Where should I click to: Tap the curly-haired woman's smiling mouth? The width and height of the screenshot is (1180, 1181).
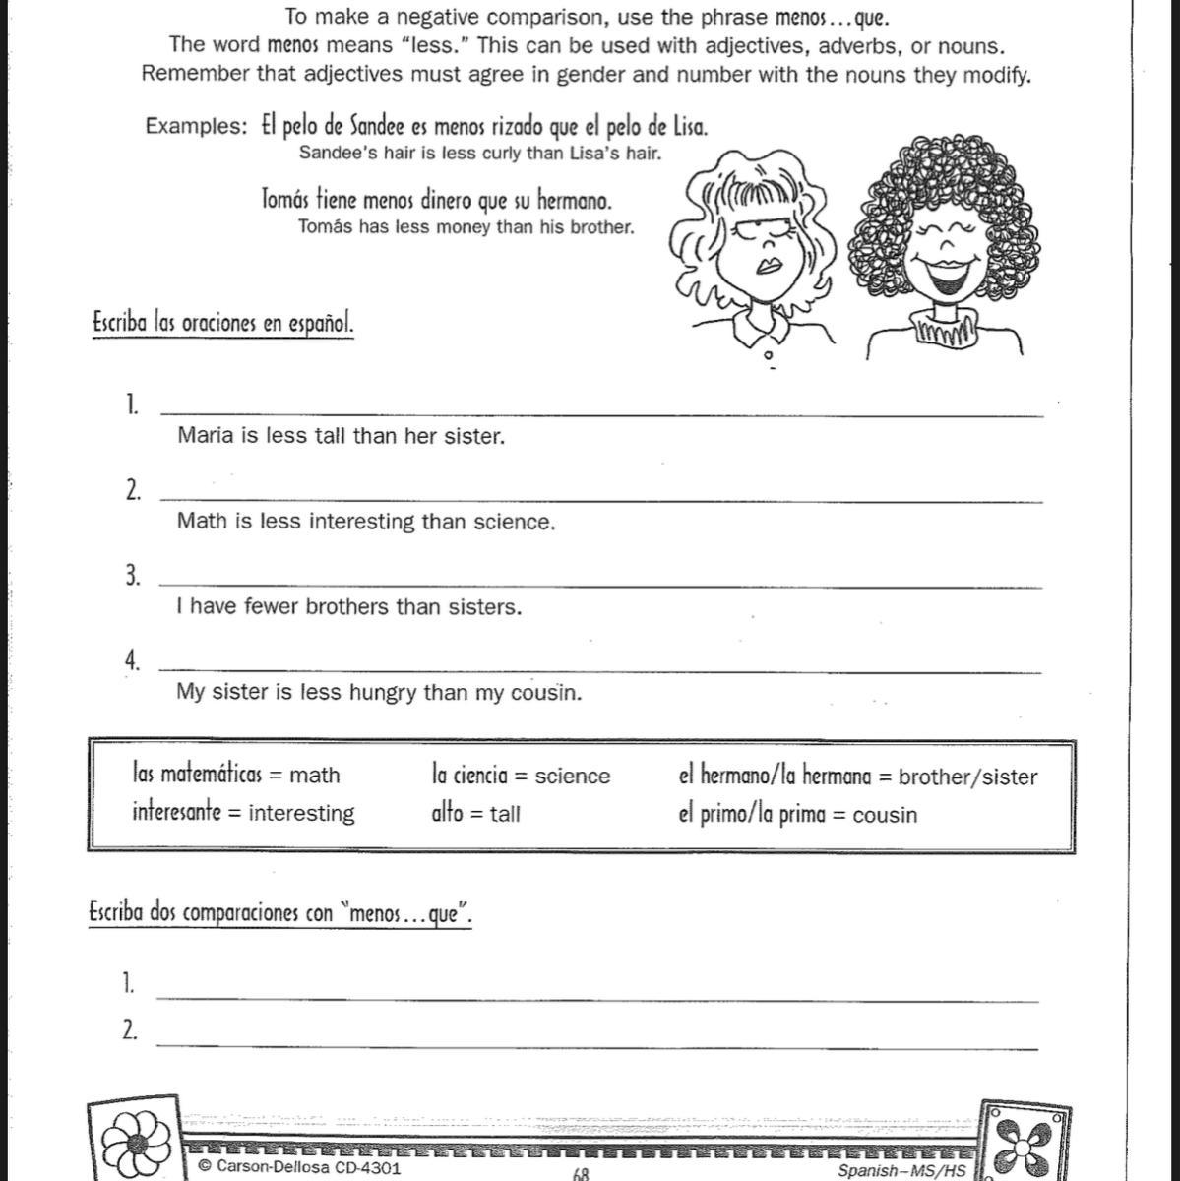click(950, 275)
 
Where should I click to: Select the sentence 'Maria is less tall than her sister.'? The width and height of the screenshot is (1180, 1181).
click(341, 436)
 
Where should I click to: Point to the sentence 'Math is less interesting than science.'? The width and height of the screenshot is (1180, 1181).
click(366, 522)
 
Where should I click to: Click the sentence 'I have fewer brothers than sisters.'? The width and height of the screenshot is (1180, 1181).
click(349, 606)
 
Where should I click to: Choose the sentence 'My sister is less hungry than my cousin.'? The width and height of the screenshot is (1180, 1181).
click(379, 692)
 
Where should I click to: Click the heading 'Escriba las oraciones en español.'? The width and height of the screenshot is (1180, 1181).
click(222, 323)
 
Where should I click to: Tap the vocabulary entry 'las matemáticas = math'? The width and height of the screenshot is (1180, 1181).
click(236, 775)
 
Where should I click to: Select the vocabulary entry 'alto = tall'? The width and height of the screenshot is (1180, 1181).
click(475, 813)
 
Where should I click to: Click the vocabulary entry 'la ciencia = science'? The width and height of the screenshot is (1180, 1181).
click(521, 776)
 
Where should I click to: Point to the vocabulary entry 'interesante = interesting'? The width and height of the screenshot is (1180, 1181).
click(243, 813)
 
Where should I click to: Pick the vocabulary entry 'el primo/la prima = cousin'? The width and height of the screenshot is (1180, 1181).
click(797, 815)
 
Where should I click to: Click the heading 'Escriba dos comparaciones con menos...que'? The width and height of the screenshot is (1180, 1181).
click(280, 913)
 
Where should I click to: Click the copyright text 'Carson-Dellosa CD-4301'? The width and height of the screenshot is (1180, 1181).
click(300, 1167)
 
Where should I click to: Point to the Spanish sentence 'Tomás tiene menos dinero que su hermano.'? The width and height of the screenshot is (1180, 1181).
click(436, 201)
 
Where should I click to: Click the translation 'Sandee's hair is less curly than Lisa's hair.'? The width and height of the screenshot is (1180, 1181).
click(479, 153)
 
